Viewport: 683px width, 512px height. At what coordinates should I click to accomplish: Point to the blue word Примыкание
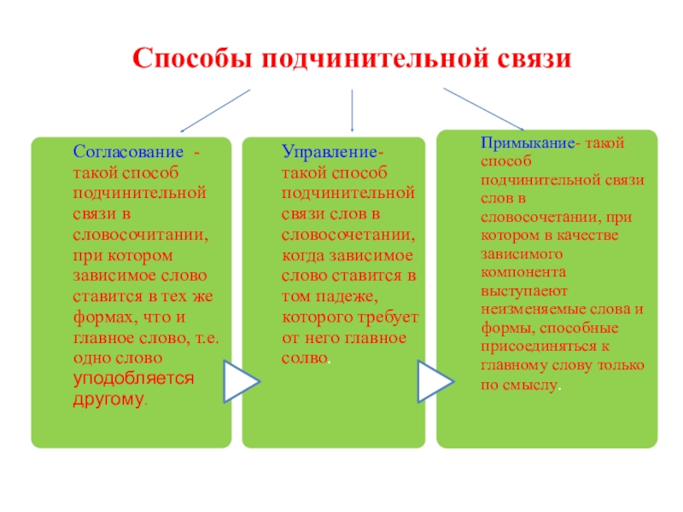[x=528, y=143]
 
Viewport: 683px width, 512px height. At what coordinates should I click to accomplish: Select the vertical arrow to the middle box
[x=353, y=111]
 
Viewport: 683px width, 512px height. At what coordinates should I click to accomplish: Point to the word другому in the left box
[x=108, y=399]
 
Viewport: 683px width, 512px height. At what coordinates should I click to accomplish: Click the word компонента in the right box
[x=518, y=272]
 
